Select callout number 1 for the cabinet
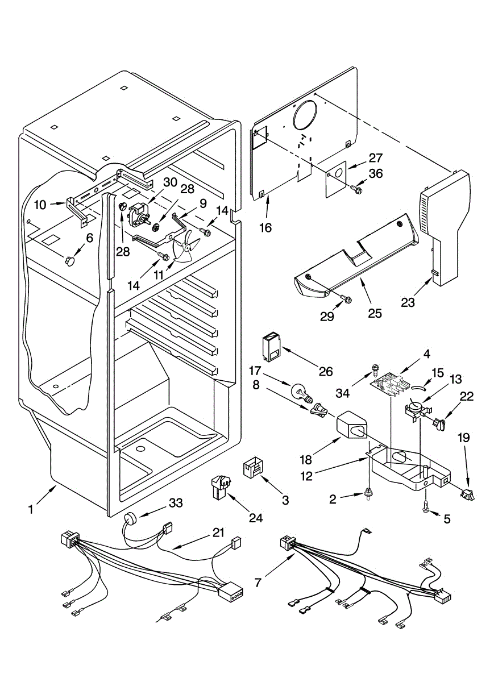31,510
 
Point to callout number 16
265,228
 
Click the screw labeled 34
375,369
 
